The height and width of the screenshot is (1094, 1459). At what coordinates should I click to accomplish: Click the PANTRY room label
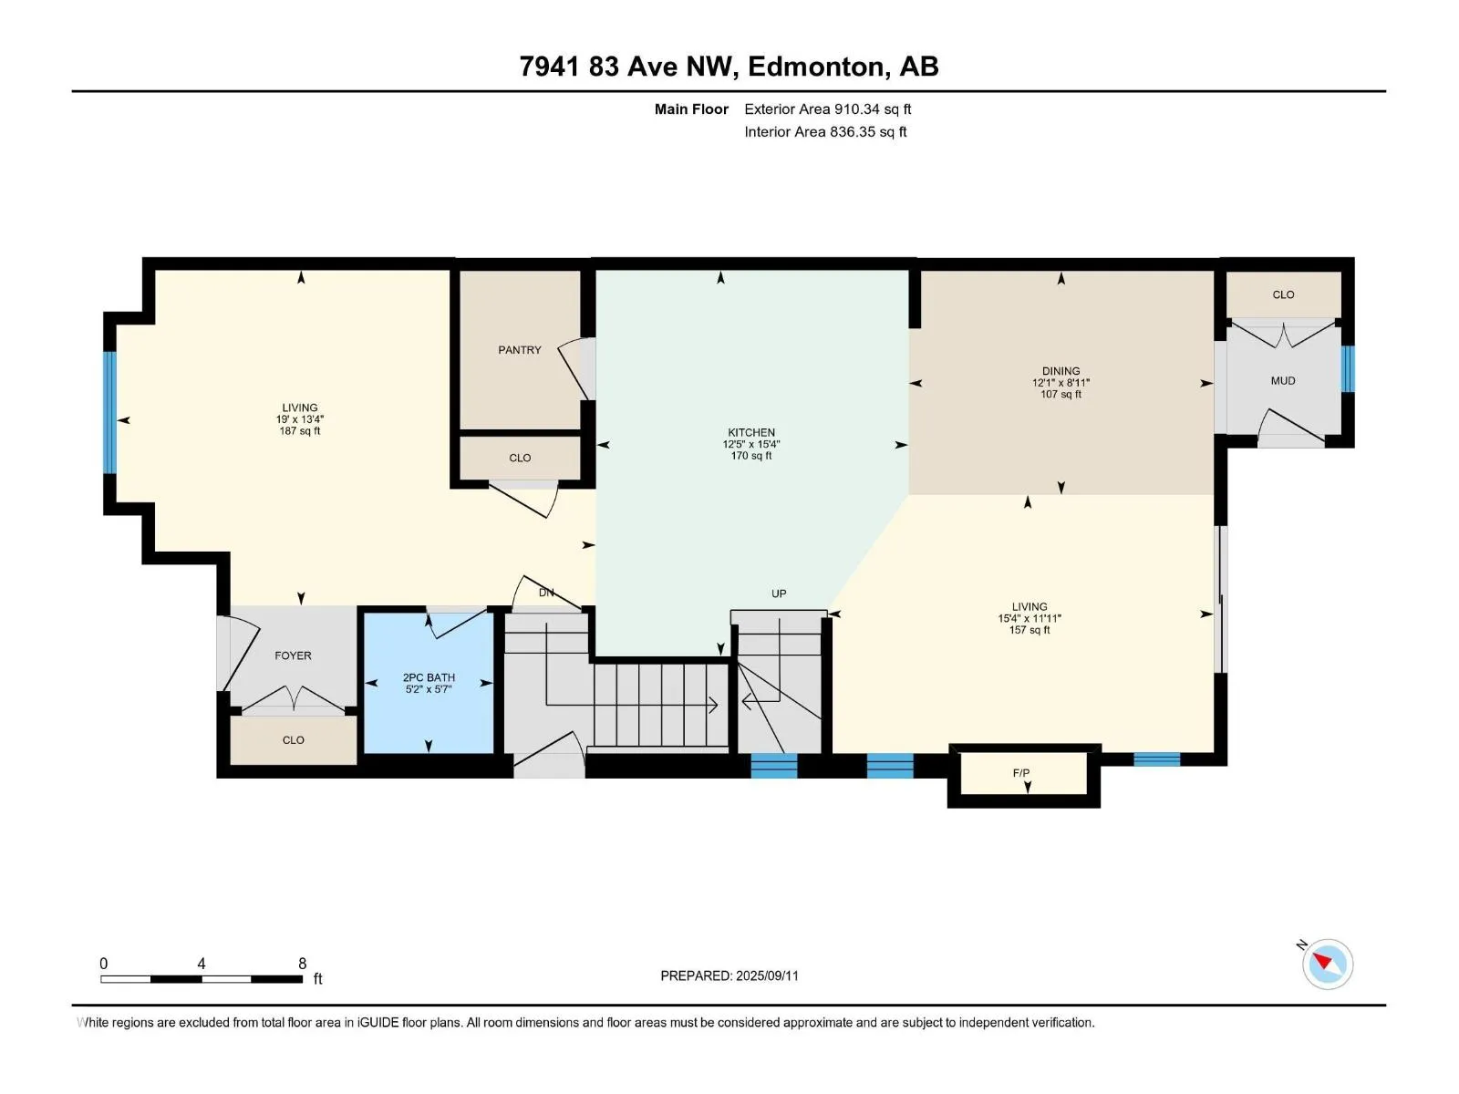519,350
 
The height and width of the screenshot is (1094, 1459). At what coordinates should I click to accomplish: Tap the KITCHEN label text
751,432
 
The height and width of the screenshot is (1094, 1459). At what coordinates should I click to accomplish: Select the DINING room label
1061,371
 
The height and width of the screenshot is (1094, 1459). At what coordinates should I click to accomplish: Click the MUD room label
1283,381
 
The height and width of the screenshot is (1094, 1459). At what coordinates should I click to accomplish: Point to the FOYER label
293,656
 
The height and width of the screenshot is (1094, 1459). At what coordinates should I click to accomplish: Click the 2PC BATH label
429,677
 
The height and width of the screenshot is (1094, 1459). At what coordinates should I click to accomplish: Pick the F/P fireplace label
1021,772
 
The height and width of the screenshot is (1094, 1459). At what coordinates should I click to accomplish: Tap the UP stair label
779,593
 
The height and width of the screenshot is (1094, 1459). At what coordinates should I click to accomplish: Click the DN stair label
545,593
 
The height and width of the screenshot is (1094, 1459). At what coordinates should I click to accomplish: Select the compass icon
1327,964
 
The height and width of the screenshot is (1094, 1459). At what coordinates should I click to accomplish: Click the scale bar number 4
202,963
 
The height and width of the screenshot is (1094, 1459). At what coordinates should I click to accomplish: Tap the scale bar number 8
303,963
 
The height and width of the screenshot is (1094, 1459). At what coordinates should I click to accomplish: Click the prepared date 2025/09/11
766,975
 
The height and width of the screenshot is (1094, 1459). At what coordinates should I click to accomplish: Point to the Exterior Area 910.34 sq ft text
828,108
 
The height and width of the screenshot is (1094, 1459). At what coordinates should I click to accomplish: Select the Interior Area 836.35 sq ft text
825,131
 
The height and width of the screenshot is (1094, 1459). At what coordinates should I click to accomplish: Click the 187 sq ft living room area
300,431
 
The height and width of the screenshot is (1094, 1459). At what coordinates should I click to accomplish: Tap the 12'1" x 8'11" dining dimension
1061,383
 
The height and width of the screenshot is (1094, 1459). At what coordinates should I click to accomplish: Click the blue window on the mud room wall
1348,369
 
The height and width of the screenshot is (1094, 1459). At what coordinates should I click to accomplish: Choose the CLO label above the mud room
1283,294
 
